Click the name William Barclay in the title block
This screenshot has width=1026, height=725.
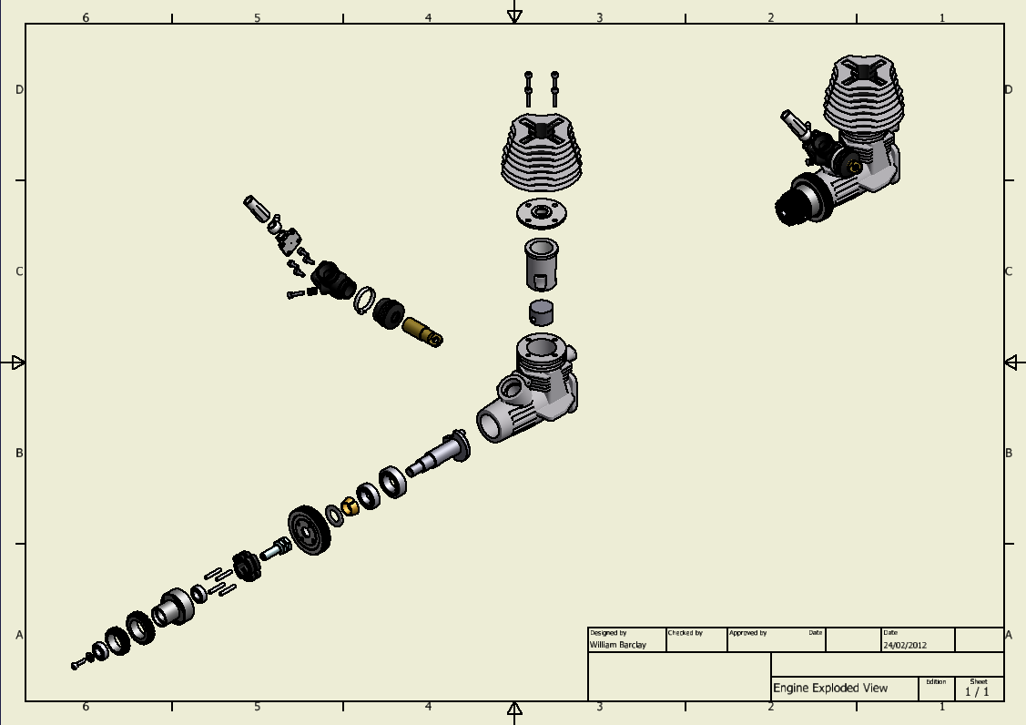617,645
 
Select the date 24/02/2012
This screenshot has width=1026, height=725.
905,645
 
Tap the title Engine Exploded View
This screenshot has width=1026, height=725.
830,689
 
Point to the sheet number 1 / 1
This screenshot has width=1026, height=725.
977,691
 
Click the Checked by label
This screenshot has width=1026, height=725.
686,633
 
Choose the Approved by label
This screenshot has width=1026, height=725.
748,633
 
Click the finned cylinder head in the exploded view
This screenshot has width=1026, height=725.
541,153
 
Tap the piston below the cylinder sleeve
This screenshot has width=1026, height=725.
541,312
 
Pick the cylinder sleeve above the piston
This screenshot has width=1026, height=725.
542,264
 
